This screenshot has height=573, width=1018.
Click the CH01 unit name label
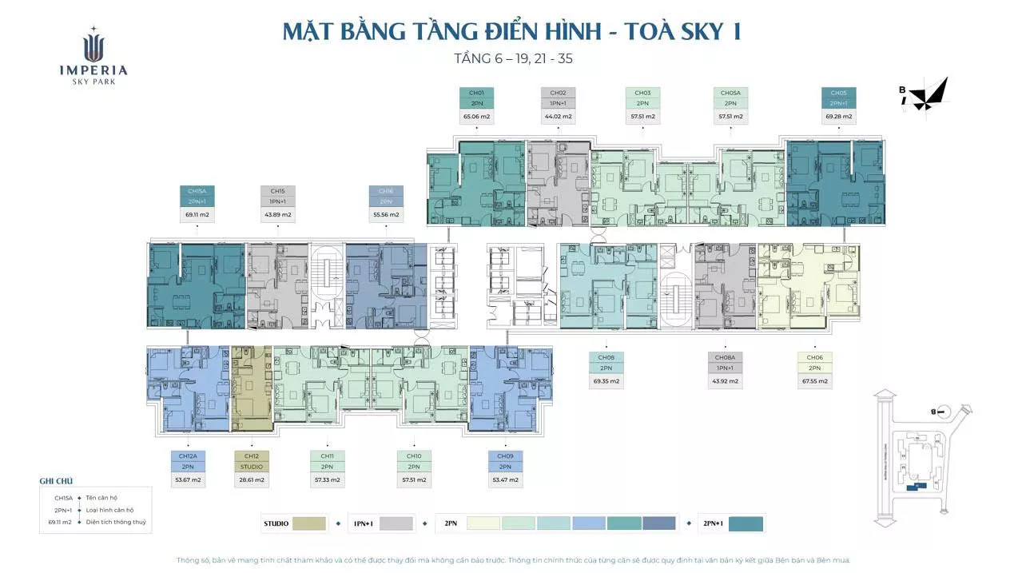(476, 93)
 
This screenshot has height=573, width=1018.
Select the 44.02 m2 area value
(558, 117)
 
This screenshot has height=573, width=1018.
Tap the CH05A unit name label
(730, 93)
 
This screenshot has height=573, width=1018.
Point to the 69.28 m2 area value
(839, 117)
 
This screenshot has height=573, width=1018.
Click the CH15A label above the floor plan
(197, 191)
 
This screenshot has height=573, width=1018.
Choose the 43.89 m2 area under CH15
(277, 215)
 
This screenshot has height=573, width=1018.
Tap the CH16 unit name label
(386, 191)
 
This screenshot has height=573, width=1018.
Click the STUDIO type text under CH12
(252, 467)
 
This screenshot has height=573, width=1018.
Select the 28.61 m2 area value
(252, 480)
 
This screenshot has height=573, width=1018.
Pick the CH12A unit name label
(187, 456)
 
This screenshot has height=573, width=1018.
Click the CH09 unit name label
(505, 456)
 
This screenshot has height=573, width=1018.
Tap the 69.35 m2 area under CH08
(606, 381)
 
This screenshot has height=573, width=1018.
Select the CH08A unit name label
(725, 357)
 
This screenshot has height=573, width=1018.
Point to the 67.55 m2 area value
(814, 381)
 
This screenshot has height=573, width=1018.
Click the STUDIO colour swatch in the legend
(309, 523)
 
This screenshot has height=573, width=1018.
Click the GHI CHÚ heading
(56, 481)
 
